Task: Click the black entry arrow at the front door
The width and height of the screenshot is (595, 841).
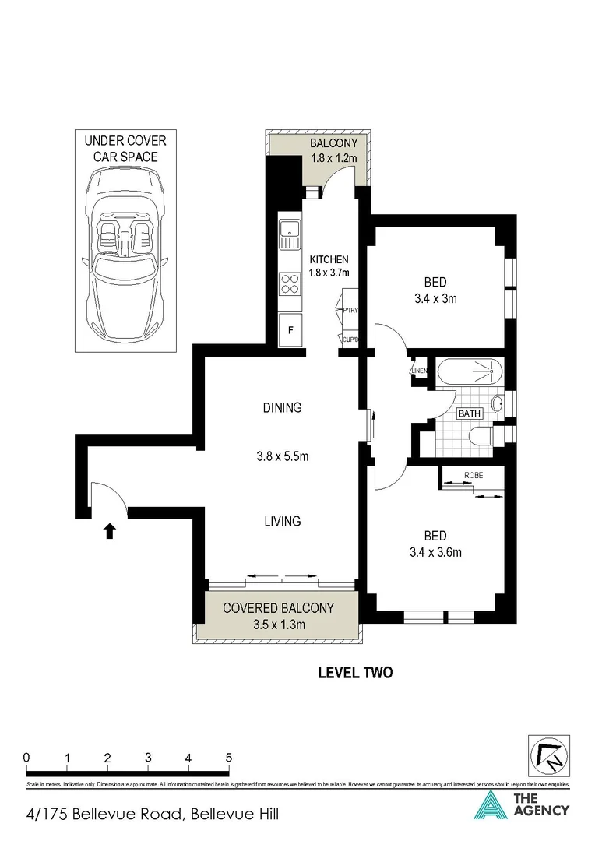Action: [x=109, y=530]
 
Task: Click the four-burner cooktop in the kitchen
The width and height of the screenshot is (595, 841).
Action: [x=290, y=283]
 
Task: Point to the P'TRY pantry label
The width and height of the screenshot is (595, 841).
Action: [x=349, y=311]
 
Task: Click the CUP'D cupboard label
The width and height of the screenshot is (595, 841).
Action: [x=349, y=340]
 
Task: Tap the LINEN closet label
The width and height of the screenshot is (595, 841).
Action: [x=418, y=371]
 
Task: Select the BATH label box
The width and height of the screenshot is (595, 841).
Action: [x=469, y=413]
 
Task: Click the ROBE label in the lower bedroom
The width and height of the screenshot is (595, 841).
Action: [x=473, y=474]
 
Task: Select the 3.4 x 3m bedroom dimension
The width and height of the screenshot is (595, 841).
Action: [x=435, y=297]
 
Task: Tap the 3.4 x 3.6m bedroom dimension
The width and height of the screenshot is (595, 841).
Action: [x=435, y=553]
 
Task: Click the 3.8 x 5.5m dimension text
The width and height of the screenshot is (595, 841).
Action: [x=282, y=456]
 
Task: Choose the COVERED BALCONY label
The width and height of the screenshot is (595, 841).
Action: [x=278, y=608]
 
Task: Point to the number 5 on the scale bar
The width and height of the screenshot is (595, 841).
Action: [x=229, y=757]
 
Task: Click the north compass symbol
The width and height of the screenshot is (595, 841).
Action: [x=548, y=755]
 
